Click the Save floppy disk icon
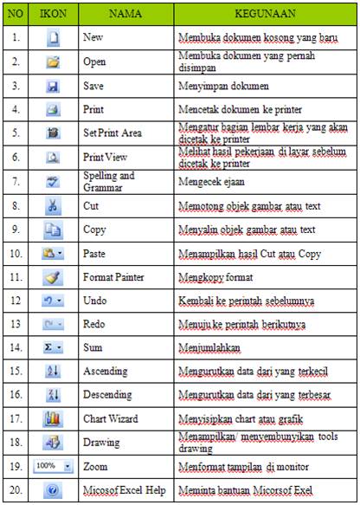[x=52, y=87]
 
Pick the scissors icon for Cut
[x=52, y=207]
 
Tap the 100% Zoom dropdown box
[x=51, y=465]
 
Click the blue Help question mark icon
[x=52, y=489]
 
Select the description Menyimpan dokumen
[x=223, y=87]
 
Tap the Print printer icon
[x=52, y=111]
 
